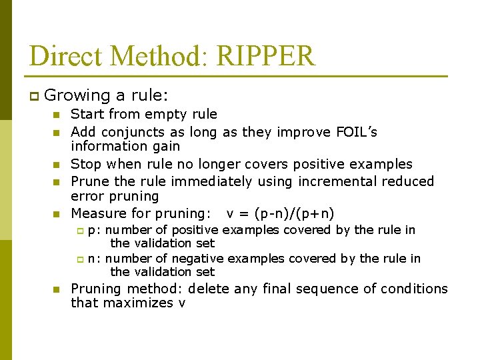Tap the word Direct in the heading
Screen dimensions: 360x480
63,56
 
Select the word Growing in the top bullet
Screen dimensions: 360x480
73,96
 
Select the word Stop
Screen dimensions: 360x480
85,164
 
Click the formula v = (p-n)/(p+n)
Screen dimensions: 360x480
280,213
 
